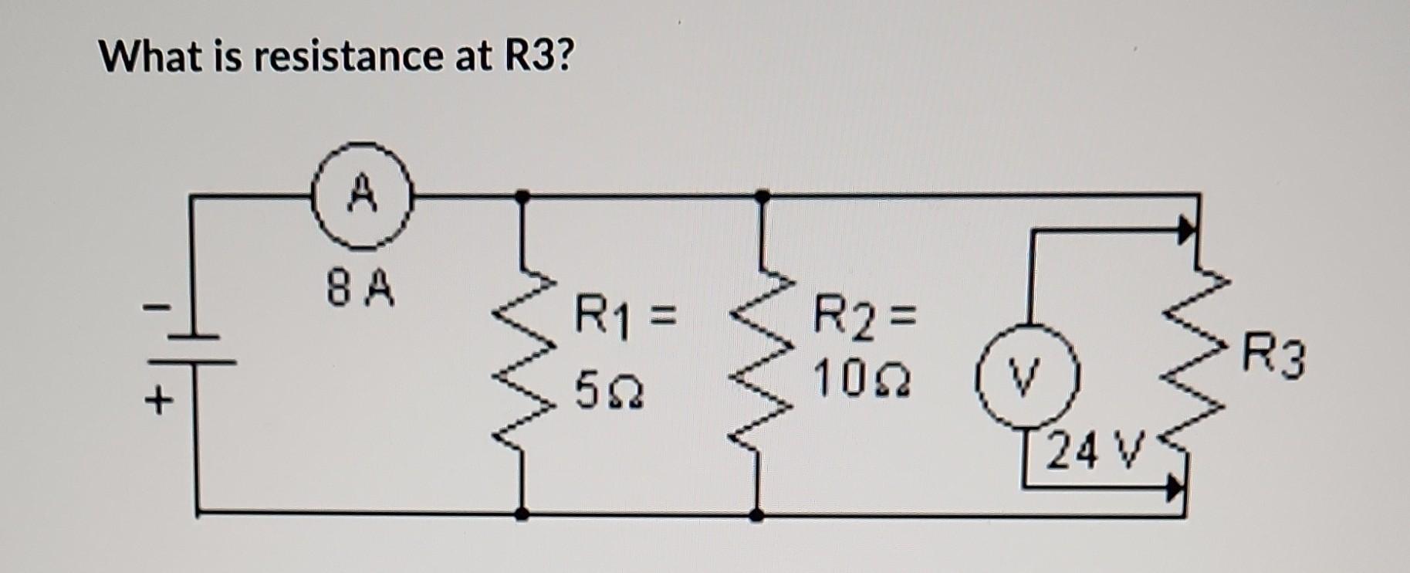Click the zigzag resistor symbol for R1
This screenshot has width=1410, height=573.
click(525, 355)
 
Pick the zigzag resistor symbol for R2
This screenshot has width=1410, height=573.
click(759, 355)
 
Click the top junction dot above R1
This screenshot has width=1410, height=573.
click(522, 196)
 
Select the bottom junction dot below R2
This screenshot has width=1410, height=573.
click(757, 514)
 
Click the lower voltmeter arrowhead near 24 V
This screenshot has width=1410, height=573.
click(1175, 488)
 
